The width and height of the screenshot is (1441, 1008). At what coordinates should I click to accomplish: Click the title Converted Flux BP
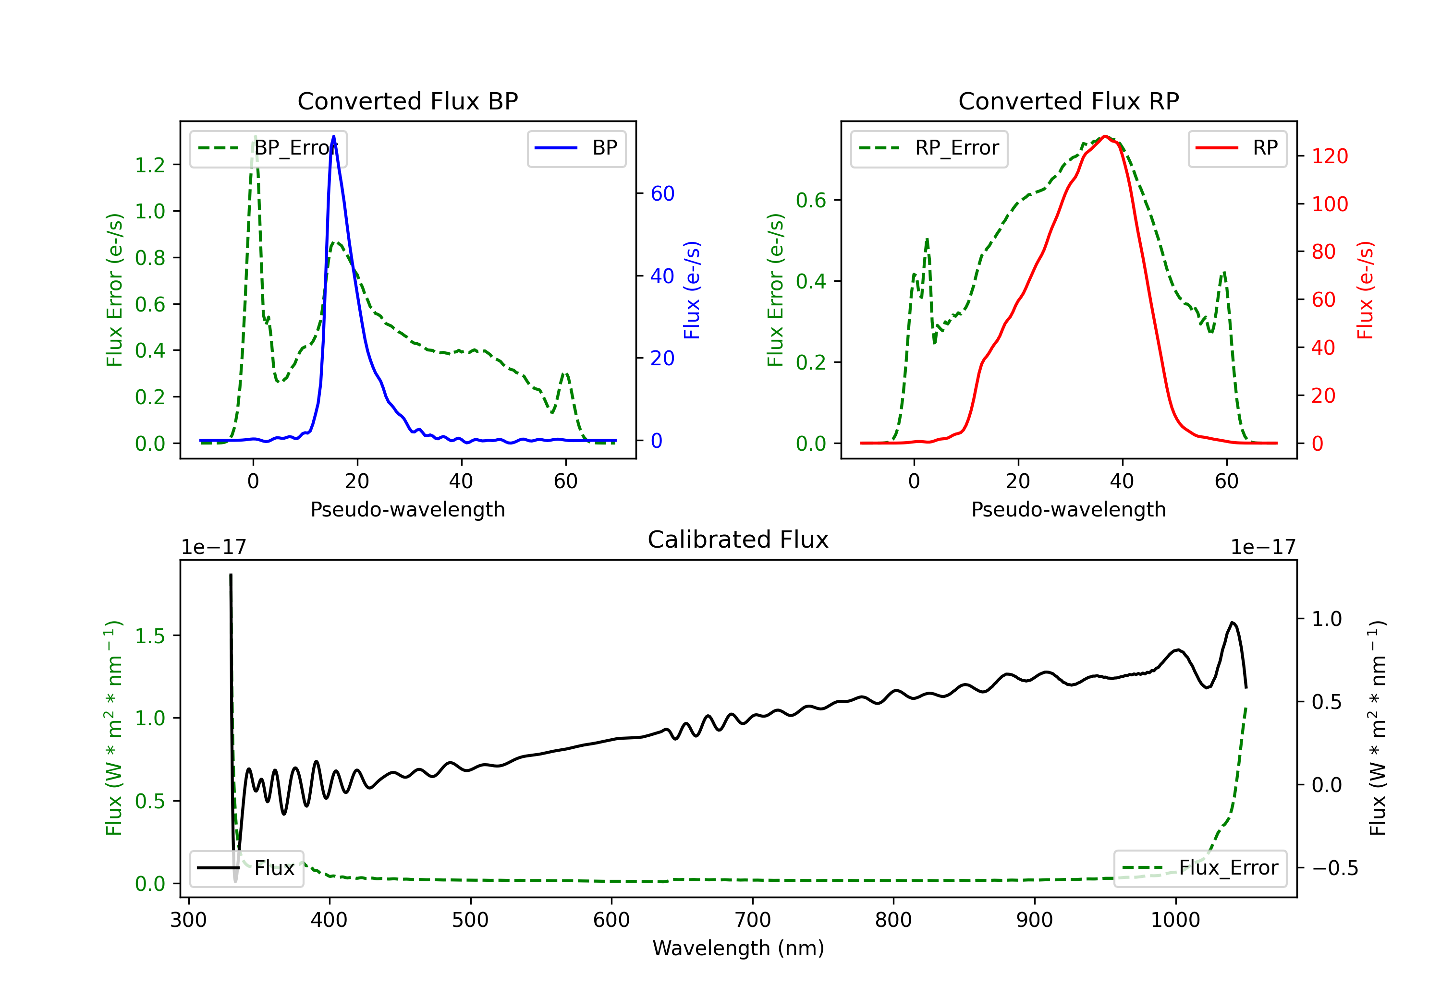pyautogui.click(x=408, y=101)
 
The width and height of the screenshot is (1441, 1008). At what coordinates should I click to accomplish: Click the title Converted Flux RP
pyautogui.click(x=1069, y=101)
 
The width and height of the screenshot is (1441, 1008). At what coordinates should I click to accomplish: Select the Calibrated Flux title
pyautogui.click(x=738, y=540)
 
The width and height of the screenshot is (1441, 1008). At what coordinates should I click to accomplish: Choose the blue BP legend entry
pyautogui.click(x=576, y=148)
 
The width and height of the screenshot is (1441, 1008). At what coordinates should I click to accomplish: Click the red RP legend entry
pyautogui.click(x=1236, y=148)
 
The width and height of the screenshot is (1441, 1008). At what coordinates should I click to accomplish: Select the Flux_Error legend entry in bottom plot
pyautogui.click(x=1200, y=868)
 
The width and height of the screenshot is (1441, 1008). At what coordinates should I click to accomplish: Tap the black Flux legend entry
pyautogui.click(x=246, y=868)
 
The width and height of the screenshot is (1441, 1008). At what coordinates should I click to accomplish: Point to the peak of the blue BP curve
pyautogui.click(x=333, y=136)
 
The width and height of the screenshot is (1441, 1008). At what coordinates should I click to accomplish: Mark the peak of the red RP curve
pyautogui.click(x=1105, y=136)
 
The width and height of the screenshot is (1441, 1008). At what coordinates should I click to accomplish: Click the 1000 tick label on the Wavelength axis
pyautogui.click(x=1175, y=920)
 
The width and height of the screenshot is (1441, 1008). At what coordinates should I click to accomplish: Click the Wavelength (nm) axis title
pyautogui.click(x=738, y=948)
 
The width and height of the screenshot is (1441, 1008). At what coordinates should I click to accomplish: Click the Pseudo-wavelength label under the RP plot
pyautogui.click(x=1069, y=509)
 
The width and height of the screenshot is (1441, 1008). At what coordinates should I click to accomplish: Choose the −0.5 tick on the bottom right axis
pyautogui.click(x=1335, y=868)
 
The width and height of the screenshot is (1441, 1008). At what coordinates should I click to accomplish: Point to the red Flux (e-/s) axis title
pyautogui.click(x=1366, y=290)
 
